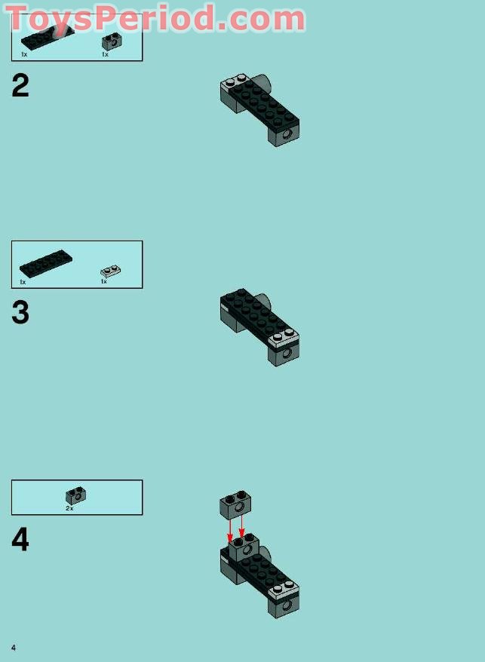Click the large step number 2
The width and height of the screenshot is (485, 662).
[20, 85]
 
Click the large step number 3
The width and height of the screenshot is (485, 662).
[20, 312]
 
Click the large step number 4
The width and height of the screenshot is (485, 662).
[20, 540]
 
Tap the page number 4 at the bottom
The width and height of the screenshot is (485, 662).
[14, 648]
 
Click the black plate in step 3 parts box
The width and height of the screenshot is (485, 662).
[45, 263]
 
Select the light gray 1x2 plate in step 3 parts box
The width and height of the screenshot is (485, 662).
[111, 271]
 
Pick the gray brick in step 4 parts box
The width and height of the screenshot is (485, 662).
[76, 495]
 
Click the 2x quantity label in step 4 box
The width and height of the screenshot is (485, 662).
[69, 509]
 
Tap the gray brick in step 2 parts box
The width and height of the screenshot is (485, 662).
[112, 41]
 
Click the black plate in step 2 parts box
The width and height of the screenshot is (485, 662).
[48, 37]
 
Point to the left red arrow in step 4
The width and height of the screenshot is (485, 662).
[230, 530]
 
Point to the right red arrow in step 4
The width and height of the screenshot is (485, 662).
[241, 528]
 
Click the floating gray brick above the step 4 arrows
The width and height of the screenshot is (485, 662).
[235, 505]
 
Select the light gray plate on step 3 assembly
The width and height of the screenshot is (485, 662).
[284, 337]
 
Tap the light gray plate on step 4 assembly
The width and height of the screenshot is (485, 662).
[284, 590]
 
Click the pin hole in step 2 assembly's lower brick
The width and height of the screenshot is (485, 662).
[287, 134]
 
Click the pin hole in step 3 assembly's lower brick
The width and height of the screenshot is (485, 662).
[287, 354]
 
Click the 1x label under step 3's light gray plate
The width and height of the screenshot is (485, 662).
[104, 281]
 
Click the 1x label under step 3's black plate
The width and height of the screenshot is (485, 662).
[23, 282]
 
